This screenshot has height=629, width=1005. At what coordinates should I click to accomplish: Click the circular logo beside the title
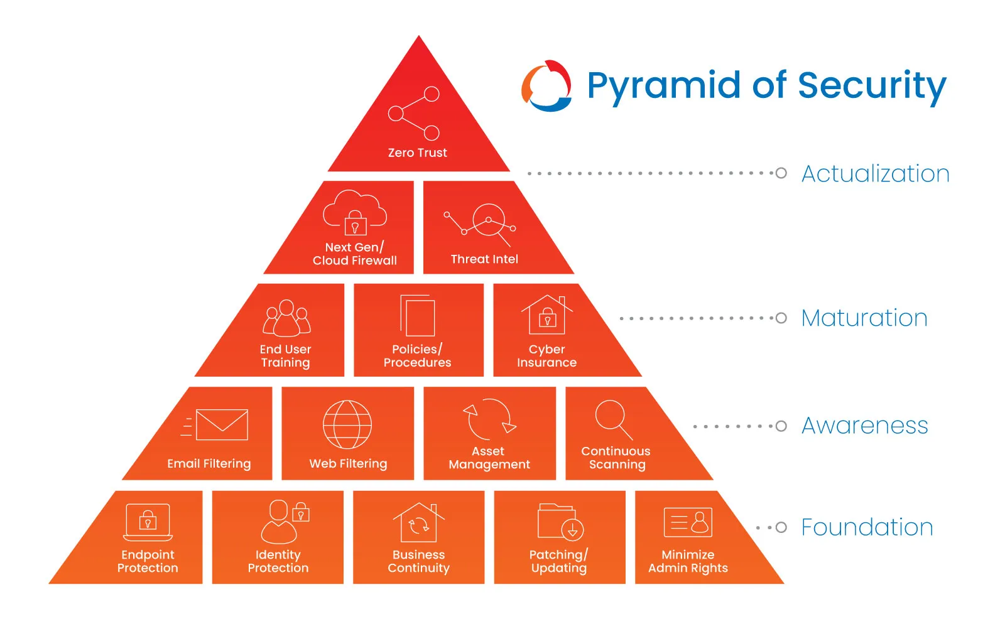(546, 86)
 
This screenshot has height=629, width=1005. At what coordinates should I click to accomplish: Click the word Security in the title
(872, 86)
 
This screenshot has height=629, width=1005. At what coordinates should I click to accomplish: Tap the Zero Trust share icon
(414, 114)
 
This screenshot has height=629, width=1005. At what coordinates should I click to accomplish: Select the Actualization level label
(875, 174)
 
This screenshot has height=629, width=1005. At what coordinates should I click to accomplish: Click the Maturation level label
(864, 318)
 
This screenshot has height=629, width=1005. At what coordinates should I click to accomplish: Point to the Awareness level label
(864, 426)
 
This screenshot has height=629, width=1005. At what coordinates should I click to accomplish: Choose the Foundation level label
(867, 527)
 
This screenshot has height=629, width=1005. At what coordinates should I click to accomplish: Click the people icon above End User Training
(286, 318)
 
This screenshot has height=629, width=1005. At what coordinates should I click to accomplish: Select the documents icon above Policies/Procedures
(418, 316)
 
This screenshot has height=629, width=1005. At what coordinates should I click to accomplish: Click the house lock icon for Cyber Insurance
(547, 315)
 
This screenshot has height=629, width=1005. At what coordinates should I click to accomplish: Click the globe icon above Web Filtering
(347, 424)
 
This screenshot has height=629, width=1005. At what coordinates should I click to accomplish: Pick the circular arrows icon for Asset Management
(489, 419)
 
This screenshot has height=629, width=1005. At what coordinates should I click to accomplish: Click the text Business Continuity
(418, 561)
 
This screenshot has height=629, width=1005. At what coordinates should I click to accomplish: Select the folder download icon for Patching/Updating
(560, 522)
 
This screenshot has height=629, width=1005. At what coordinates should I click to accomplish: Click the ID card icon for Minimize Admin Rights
(688, 522)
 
